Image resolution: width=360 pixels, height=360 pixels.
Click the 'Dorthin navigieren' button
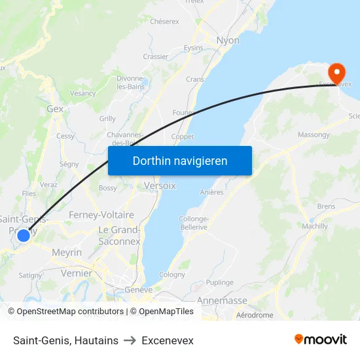[x=180, y=160]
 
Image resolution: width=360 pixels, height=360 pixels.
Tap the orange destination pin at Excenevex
[x=337, y=73]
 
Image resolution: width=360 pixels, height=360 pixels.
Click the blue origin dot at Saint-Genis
[x=24, y=235]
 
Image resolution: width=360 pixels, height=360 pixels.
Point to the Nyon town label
[x=228, y=41]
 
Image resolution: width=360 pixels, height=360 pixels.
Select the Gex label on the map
[x=55, y=109]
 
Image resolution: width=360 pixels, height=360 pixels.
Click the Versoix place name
[x=160, y=186]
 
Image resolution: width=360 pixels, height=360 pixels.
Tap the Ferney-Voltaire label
[x=101, y=215]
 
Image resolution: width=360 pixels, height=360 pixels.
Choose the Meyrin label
[x=67, y=253]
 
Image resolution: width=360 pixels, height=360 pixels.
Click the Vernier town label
[x=76, y=273]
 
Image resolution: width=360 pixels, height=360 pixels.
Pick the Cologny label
[x=172, y=275]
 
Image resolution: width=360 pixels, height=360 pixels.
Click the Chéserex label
[x=164, y=22]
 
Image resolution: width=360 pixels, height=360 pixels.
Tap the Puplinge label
[x=220, y=283]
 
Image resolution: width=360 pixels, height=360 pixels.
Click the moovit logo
[x=321, y=339]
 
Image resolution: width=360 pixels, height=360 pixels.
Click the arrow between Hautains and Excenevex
[x=130, y=341]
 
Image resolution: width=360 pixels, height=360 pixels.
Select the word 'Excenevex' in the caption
[x=168, y=341]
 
